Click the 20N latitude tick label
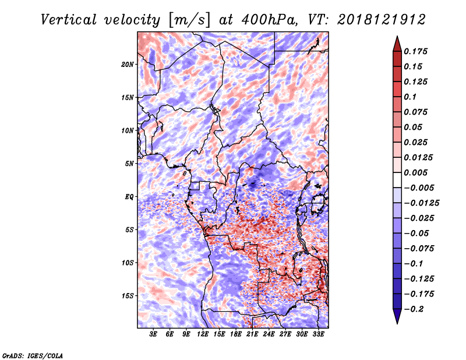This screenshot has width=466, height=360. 128,65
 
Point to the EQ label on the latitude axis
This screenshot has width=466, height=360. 129,197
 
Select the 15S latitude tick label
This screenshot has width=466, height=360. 128,296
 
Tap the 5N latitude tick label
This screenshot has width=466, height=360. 129,164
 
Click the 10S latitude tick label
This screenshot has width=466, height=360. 128,263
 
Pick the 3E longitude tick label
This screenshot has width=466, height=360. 153,334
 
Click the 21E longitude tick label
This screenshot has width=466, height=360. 252,334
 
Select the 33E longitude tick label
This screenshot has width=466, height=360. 318,334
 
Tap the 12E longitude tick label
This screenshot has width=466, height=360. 203,334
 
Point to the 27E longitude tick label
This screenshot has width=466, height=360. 285,334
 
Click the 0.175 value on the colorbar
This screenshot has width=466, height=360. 415,51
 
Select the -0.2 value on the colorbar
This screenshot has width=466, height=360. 414,309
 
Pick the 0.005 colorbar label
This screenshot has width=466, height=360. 415,172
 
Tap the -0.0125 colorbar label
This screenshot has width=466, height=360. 421,203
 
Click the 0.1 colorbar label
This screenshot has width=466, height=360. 410,97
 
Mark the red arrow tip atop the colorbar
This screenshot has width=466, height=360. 397,36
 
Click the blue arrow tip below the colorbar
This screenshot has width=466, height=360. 397,324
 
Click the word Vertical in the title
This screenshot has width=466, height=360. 69,20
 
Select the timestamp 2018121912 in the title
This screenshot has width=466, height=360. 382,20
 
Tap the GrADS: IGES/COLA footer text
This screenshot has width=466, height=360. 33,356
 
